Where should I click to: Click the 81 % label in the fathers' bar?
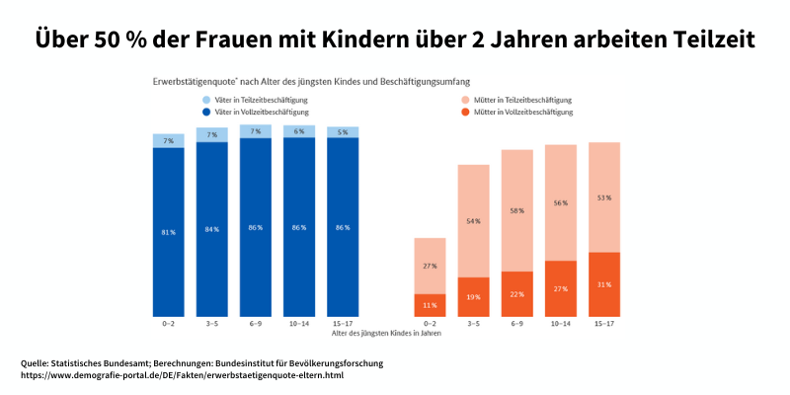coord(168,232)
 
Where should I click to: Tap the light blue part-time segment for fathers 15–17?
coord(343,131)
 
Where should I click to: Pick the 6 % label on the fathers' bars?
coord(299,130)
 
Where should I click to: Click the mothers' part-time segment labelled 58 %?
coord(516,210)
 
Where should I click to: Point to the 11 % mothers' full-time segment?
coord(430,305)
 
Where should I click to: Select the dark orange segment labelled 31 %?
coord(603,284)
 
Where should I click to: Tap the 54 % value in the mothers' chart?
coord(473,220)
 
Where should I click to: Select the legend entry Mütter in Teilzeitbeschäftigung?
coord(522,100)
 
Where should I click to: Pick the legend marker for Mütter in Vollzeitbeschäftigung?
coord(465,113)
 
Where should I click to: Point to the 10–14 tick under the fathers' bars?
coord(298,324)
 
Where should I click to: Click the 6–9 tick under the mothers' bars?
coord(516,324)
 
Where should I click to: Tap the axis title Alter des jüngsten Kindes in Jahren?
coord(386,334)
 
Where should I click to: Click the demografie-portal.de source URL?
coord(182,375)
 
